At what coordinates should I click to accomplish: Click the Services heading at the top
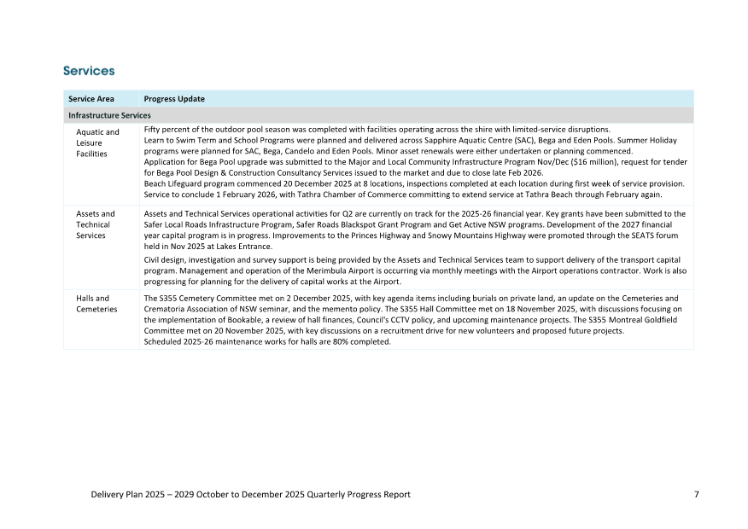pyautogui.click(x=89, y=71)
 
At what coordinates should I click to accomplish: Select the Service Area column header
pyautogui.click(x=91, y=99)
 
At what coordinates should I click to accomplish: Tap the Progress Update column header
pyautogui.click(x=174, y=99)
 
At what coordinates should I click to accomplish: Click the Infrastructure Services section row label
pyautogui.click(x=109, y=115)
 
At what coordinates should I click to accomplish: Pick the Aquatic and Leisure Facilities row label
pyautogui.click(x=97, y=142)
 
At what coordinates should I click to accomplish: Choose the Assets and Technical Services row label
pyautogui.click(x=96, y=224)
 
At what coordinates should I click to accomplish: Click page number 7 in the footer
pyautogui.click(x=697, y=494)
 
